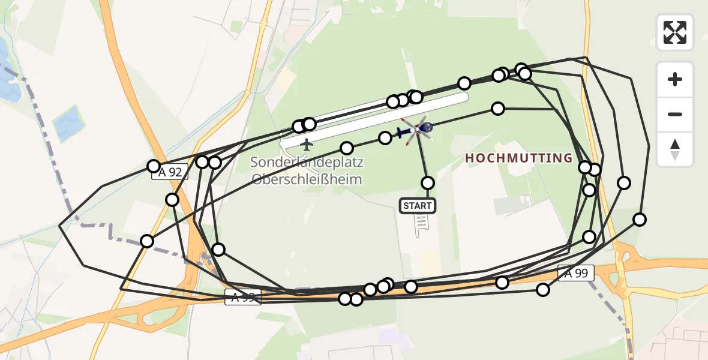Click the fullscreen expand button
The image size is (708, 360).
point(675,32)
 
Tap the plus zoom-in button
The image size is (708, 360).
point(675,79)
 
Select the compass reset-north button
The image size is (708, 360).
point(675,149)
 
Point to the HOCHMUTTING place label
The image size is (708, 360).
point(519,158)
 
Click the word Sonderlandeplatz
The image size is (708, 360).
point(307,162)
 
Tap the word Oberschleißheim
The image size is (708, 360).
point(307,179)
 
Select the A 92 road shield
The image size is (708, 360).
point(170,173)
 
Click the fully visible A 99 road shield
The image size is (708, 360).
point(576,273)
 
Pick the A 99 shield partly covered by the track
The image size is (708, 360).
point(242,296)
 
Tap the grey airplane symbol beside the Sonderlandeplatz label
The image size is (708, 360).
point(307,145)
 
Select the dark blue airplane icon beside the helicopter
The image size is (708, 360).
point(402,132)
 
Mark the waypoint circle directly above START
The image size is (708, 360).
point(428,183)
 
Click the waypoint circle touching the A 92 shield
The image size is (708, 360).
point(154,166)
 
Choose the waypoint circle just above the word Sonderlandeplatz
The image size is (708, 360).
point(347,148)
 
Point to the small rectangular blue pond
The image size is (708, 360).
point(68,123)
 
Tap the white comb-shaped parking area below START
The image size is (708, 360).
point(421,225)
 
